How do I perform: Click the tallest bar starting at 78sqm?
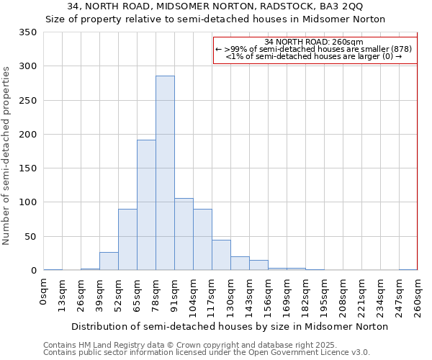tap(165, 173)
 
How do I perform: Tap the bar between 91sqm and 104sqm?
tap(184, 234)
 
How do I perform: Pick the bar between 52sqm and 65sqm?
tap(127, 240)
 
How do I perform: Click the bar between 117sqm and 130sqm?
tap(221, 256)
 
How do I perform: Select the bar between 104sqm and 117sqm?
tap(202, 240)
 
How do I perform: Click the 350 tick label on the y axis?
tap(27, 32)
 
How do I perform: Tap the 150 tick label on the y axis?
tap(27, 168)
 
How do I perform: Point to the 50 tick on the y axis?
tap(30, 236)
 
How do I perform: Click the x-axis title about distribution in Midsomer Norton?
tap(230, 327)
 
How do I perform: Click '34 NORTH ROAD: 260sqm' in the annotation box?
tap(314, 42)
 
